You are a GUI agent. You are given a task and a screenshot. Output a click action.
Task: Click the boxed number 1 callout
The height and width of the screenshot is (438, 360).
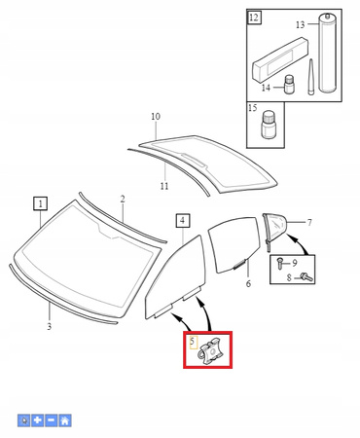(x=41, y=203)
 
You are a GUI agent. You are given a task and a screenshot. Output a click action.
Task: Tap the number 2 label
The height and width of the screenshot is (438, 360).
(x=123, y=199)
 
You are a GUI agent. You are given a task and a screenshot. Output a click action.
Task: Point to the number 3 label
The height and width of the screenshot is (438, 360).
(x=49, y=326)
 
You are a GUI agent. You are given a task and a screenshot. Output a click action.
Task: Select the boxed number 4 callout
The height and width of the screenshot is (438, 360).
(x=183, y=221)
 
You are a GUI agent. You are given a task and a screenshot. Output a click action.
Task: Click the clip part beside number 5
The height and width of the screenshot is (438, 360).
(x=210, y=351)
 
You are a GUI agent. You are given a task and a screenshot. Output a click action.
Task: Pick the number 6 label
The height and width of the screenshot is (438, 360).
(x=248, y=283)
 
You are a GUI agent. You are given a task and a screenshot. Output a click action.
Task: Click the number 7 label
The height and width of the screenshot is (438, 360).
(x=309, y=222)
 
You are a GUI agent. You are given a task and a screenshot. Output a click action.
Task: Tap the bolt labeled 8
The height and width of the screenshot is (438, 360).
(x=306, y=277)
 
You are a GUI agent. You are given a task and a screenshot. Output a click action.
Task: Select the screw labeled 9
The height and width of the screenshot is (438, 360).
(x=279, y=262)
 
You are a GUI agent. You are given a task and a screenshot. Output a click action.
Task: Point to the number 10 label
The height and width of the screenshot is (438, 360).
(x=156, y=116)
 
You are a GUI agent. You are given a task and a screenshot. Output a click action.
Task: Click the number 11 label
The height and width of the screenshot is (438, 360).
(x=164, y=186)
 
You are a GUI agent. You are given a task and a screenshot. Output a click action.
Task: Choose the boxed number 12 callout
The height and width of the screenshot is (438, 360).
(x=254, y=17)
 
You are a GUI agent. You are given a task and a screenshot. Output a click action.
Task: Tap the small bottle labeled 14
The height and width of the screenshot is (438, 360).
(x=289, y=85)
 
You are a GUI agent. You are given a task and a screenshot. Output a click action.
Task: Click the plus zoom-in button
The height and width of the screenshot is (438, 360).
(x=38, y=420)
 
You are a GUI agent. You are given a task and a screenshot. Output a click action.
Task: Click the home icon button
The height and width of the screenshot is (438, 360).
(x=65, y=420)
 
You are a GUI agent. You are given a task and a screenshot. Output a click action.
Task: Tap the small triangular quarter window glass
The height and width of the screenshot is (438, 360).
(x=274, y=227)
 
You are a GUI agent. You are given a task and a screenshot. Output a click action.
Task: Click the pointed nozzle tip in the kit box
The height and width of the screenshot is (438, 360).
(x=310, y=77)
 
